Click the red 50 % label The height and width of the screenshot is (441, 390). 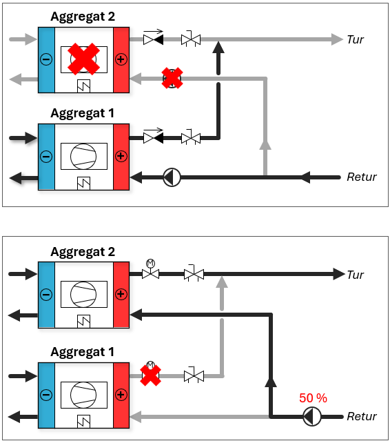click(x=313, y=398)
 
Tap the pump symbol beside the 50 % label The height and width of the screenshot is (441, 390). click(x=312, y=417)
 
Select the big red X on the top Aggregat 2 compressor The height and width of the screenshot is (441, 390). click(x=83, y=59)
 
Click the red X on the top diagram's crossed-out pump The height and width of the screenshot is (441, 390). click(x=172, y=78)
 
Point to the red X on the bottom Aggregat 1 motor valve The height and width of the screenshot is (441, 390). click(x=150, y=375)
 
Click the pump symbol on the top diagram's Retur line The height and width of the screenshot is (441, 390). click(x=172, y=177)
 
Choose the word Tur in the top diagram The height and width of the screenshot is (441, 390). click(x=355, y=39)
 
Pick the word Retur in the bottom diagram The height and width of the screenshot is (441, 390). click(x=362, y=416)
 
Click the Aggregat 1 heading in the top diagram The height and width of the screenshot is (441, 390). click(x=82, y=113)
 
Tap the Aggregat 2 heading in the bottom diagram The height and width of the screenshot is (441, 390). click(x=83, y=252)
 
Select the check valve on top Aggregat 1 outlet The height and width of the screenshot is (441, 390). click(x=153, y=136)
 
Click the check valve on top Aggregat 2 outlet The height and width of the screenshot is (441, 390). click(x=153, y=37)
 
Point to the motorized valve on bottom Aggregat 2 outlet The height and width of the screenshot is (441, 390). click(x=150, y=269)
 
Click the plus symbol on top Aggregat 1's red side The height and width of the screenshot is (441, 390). click(x=121, y=156)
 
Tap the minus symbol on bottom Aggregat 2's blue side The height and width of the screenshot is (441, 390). click(x=46, y=295)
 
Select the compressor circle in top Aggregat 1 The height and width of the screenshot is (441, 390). click(x=83, y=157)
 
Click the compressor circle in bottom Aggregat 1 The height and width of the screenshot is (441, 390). click(x=83, y=395)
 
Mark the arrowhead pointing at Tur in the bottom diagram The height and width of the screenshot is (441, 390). click(x=339, y=274)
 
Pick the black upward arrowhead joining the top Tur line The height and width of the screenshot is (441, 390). click(x=218, y=47)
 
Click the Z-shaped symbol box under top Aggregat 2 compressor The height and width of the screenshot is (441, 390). click(x=83, y=86)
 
